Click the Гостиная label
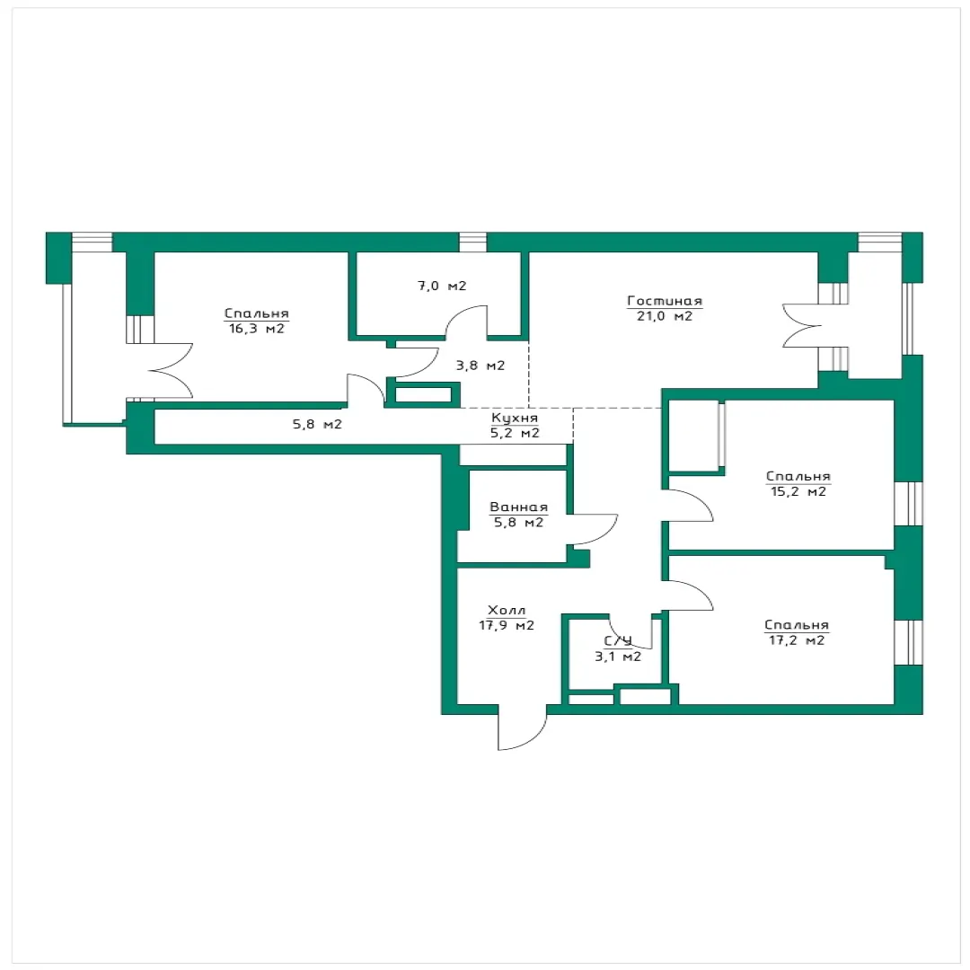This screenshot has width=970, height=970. pos(665,301)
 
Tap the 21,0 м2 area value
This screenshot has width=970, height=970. pos(665,316)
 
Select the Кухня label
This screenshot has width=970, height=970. pos(515,419)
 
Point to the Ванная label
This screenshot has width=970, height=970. pos(518,507)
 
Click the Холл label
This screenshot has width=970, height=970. pos(507,611)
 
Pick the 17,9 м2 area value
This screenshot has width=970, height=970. pos(507,625)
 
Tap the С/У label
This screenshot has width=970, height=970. pos(618,641)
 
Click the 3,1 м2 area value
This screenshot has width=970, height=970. pos(618,657)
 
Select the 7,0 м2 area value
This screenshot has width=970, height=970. pos(442,286)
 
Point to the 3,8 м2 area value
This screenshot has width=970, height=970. pos(481,366)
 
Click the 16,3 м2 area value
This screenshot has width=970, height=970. pos(257,329)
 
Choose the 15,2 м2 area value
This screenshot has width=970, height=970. pos(798,492)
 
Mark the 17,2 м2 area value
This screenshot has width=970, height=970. pos(797,640)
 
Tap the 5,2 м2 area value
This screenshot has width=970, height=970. pos(515,433)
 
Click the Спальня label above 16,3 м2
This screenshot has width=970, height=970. pos(257,313)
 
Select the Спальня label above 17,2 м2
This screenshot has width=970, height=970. pos(797,625)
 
